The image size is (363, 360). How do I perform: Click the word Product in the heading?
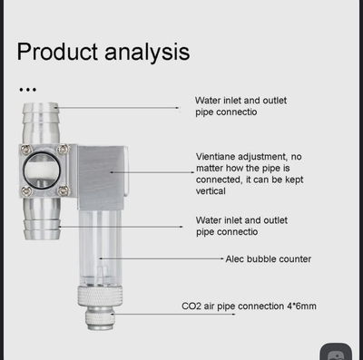pos(57,52)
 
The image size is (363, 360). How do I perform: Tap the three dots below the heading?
pos(27,90)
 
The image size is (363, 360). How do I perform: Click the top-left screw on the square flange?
pos(26,150)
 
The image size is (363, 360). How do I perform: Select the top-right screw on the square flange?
pos(63,149)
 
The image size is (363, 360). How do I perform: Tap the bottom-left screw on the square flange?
pos(26,190)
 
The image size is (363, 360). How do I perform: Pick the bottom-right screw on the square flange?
pos(64,190)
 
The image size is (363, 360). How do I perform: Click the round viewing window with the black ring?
pos(42,170)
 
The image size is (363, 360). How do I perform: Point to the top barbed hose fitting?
pos(41,123)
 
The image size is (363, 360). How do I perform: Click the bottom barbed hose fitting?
pos(42,219)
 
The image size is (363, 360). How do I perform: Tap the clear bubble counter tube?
pos(100,248)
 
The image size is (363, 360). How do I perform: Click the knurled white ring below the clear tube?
pos(100,296)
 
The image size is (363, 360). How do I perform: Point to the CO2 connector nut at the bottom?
pos(100,318)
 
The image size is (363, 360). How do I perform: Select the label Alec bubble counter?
pos(269,259)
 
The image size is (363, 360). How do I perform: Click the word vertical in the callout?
pos(211,191)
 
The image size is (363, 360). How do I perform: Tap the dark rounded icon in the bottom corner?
pos(336,352)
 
